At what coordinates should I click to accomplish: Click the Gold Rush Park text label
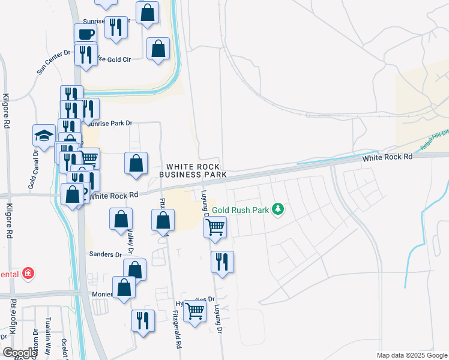coord(248,210)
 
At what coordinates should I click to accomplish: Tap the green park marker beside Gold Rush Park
coord(277,209)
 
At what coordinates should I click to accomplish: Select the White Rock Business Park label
coord(193,170)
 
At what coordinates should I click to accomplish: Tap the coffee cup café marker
coord(85,34)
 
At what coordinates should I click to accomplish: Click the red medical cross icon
coord(28,274)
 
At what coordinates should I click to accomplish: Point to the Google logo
coord(20,353)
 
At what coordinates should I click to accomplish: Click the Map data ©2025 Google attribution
coord(411,355)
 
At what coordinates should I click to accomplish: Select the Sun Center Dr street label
coord(53,62)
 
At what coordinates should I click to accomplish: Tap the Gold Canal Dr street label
coord(34,170)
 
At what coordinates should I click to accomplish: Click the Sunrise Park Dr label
coord(108,123)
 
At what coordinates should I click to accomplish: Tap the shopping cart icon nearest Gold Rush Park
coord(215,227)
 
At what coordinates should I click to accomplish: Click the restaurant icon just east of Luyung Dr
coord(222,261)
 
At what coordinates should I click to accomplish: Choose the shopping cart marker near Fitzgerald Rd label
coord(194,311)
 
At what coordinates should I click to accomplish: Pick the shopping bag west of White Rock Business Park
coord(136,163)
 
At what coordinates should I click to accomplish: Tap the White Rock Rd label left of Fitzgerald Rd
coord(115,195)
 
